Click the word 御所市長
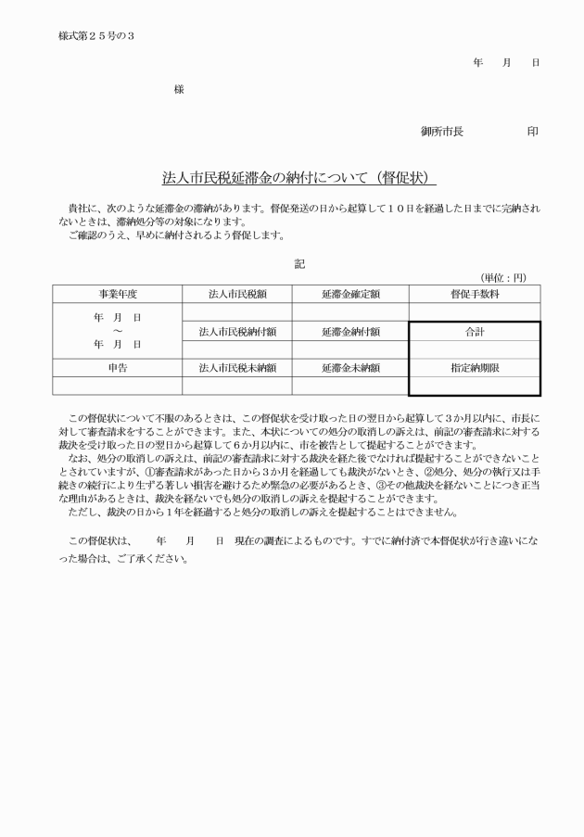[442, 132]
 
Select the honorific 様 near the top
[179, 89]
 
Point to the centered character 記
[298, 264]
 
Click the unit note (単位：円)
[502, 277]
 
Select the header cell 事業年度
[118, 294]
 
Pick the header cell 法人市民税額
[237, 294]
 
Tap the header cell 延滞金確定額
[350, 294]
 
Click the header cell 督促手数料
[475, 294]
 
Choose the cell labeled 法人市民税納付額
[237, 331]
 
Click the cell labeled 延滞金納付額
[350, 331]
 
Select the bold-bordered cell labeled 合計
[475, 331]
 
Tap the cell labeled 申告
[118, 367]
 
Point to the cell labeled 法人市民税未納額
[237, 367]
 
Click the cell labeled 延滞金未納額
[350, 367]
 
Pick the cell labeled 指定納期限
[475, 367]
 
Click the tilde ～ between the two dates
[118, 331]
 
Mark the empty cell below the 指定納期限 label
[475, 386]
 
